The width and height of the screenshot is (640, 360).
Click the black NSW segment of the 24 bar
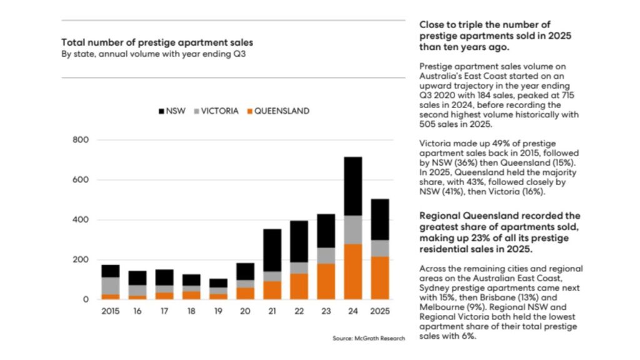353,186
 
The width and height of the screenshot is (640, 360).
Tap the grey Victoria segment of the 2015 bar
110,286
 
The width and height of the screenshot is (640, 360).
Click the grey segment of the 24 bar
353,230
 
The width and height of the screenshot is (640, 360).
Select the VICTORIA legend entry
215,111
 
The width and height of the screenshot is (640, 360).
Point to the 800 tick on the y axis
81,140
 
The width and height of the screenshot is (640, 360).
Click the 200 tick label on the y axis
81,260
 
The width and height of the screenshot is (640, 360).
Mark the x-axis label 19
218,311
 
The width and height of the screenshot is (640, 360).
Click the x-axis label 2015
110,311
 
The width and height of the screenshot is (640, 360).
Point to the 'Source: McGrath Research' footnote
369,338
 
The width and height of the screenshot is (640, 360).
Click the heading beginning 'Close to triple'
496,36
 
